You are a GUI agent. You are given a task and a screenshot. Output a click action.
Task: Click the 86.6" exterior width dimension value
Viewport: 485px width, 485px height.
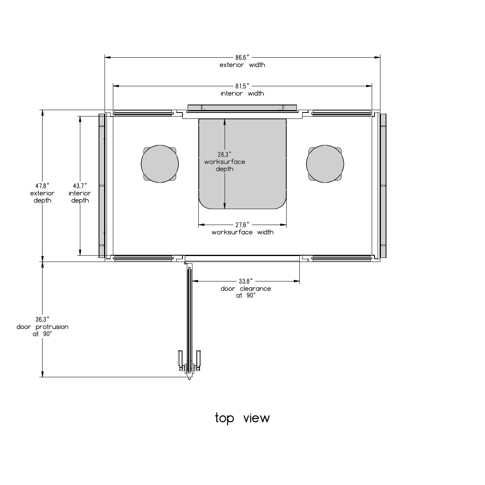242,58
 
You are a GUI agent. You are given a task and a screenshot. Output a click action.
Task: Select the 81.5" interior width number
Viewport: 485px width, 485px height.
242,86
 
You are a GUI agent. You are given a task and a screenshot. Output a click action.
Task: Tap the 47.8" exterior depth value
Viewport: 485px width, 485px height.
42,186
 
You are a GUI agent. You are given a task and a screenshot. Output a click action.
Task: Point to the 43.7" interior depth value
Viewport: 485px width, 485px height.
80,186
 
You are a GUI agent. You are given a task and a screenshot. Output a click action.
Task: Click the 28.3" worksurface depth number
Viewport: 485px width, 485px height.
225,154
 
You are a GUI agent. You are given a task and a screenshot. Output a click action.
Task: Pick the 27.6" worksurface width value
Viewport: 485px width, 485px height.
242,225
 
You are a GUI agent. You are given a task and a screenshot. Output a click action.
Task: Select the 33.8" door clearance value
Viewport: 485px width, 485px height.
246,281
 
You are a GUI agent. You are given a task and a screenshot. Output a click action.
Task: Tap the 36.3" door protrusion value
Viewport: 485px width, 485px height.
42,320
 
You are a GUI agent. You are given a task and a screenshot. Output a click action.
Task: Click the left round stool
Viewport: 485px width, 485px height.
160,164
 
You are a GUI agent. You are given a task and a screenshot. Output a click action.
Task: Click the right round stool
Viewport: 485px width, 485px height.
325,164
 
